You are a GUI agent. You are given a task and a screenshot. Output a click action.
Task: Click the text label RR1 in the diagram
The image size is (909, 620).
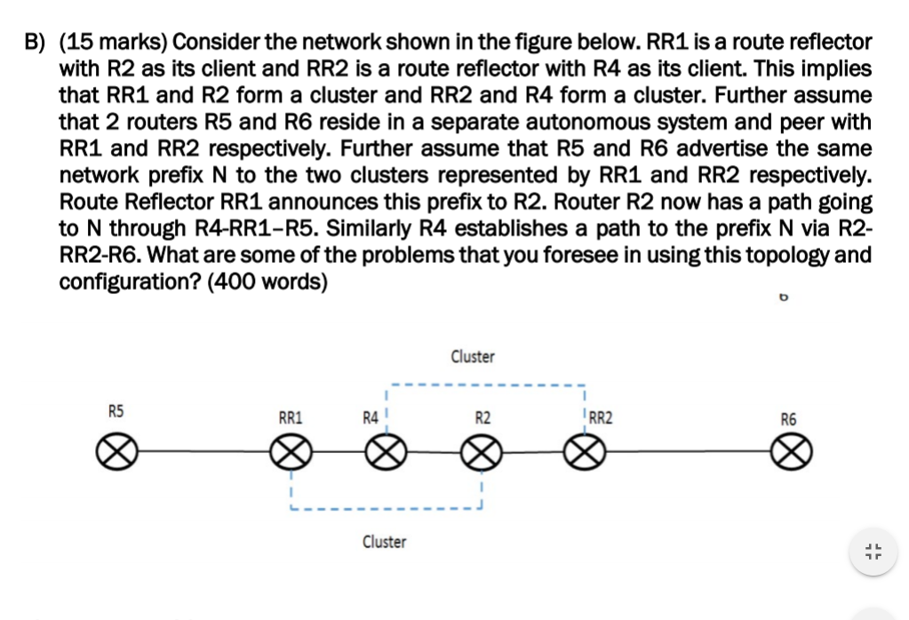pos(291,416)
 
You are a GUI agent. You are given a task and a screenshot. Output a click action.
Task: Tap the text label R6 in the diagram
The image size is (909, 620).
pos(788,418)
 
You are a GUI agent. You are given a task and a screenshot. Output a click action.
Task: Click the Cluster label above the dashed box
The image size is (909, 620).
pos(473,356)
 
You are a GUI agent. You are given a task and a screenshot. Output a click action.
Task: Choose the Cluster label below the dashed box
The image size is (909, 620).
pos(384,541)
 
